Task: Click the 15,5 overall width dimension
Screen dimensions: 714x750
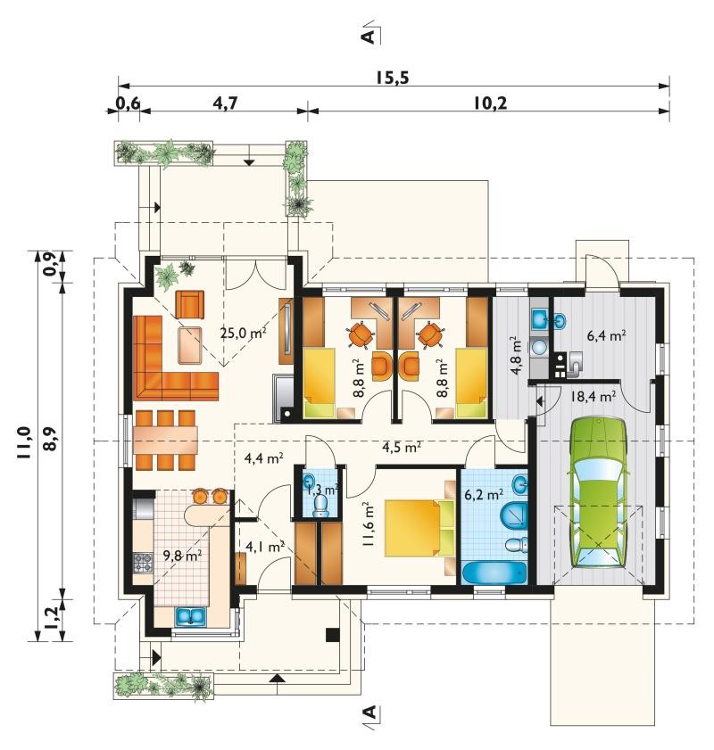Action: tap(392, 77)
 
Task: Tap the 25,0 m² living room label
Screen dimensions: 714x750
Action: tap(243, 333)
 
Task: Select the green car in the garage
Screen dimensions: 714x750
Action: tap(598, 492)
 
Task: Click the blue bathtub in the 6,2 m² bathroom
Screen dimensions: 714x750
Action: tap(494, 573)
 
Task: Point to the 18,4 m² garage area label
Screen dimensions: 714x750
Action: tap(593, 396)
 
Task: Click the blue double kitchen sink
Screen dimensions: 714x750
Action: tap(190, 616)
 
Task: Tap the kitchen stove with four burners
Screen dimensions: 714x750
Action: tap(143, 563)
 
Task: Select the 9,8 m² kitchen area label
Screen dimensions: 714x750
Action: tap(182, 556)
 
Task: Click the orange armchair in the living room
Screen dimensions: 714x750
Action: tap(189, 304)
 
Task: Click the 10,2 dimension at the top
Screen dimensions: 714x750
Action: tap(490, 103)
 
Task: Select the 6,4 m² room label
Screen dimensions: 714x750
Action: tap(606, 335)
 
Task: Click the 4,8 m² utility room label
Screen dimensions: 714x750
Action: tap(515, 356)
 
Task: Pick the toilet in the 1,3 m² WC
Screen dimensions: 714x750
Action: tap(320, 506)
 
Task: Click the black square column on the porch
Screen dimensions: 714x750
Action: tap(333, 635)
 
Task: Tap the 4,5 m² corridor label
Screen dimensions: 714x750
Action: tap(402, 447)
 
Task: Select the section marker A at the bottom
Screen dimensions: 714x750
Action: tap(371, 714)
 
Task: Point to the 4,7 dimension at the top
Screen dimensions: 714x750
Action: tap(226, 103)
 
